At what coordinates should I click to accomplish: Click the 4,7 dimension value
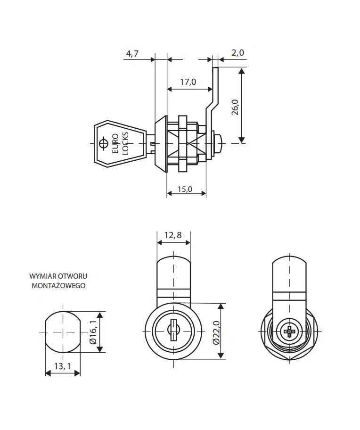click(131, 53)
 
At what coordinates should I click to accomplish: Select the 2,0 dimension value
click(238, 53)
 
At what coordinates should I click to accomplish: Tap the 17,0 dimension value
click(188, 82)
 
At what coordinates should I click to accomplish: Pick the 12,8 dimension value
click(173, 236)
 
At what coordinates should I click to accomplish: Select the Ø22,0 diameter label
click(216, 332)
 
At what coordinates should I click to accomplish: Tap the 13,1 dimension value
click(62, 366)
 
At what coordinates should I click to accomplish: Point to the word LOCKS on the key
click(125, 143)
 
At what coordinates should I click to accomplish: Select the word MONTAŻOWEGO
click(58, 285)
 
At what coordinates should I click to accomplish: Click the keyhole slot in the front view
click(173, 331)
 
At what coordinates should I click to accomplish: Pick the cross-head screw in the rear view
click(288, 331)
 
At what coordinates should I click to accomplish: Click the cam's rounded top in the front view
click(173, 264)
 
